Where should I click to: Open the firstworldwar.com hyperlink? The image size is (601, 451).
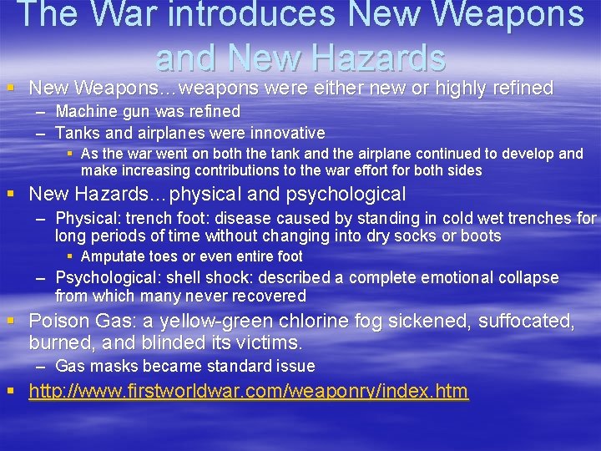coord(248,391)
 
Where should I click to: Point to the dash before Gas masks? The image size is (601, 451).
coord(41,366)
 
